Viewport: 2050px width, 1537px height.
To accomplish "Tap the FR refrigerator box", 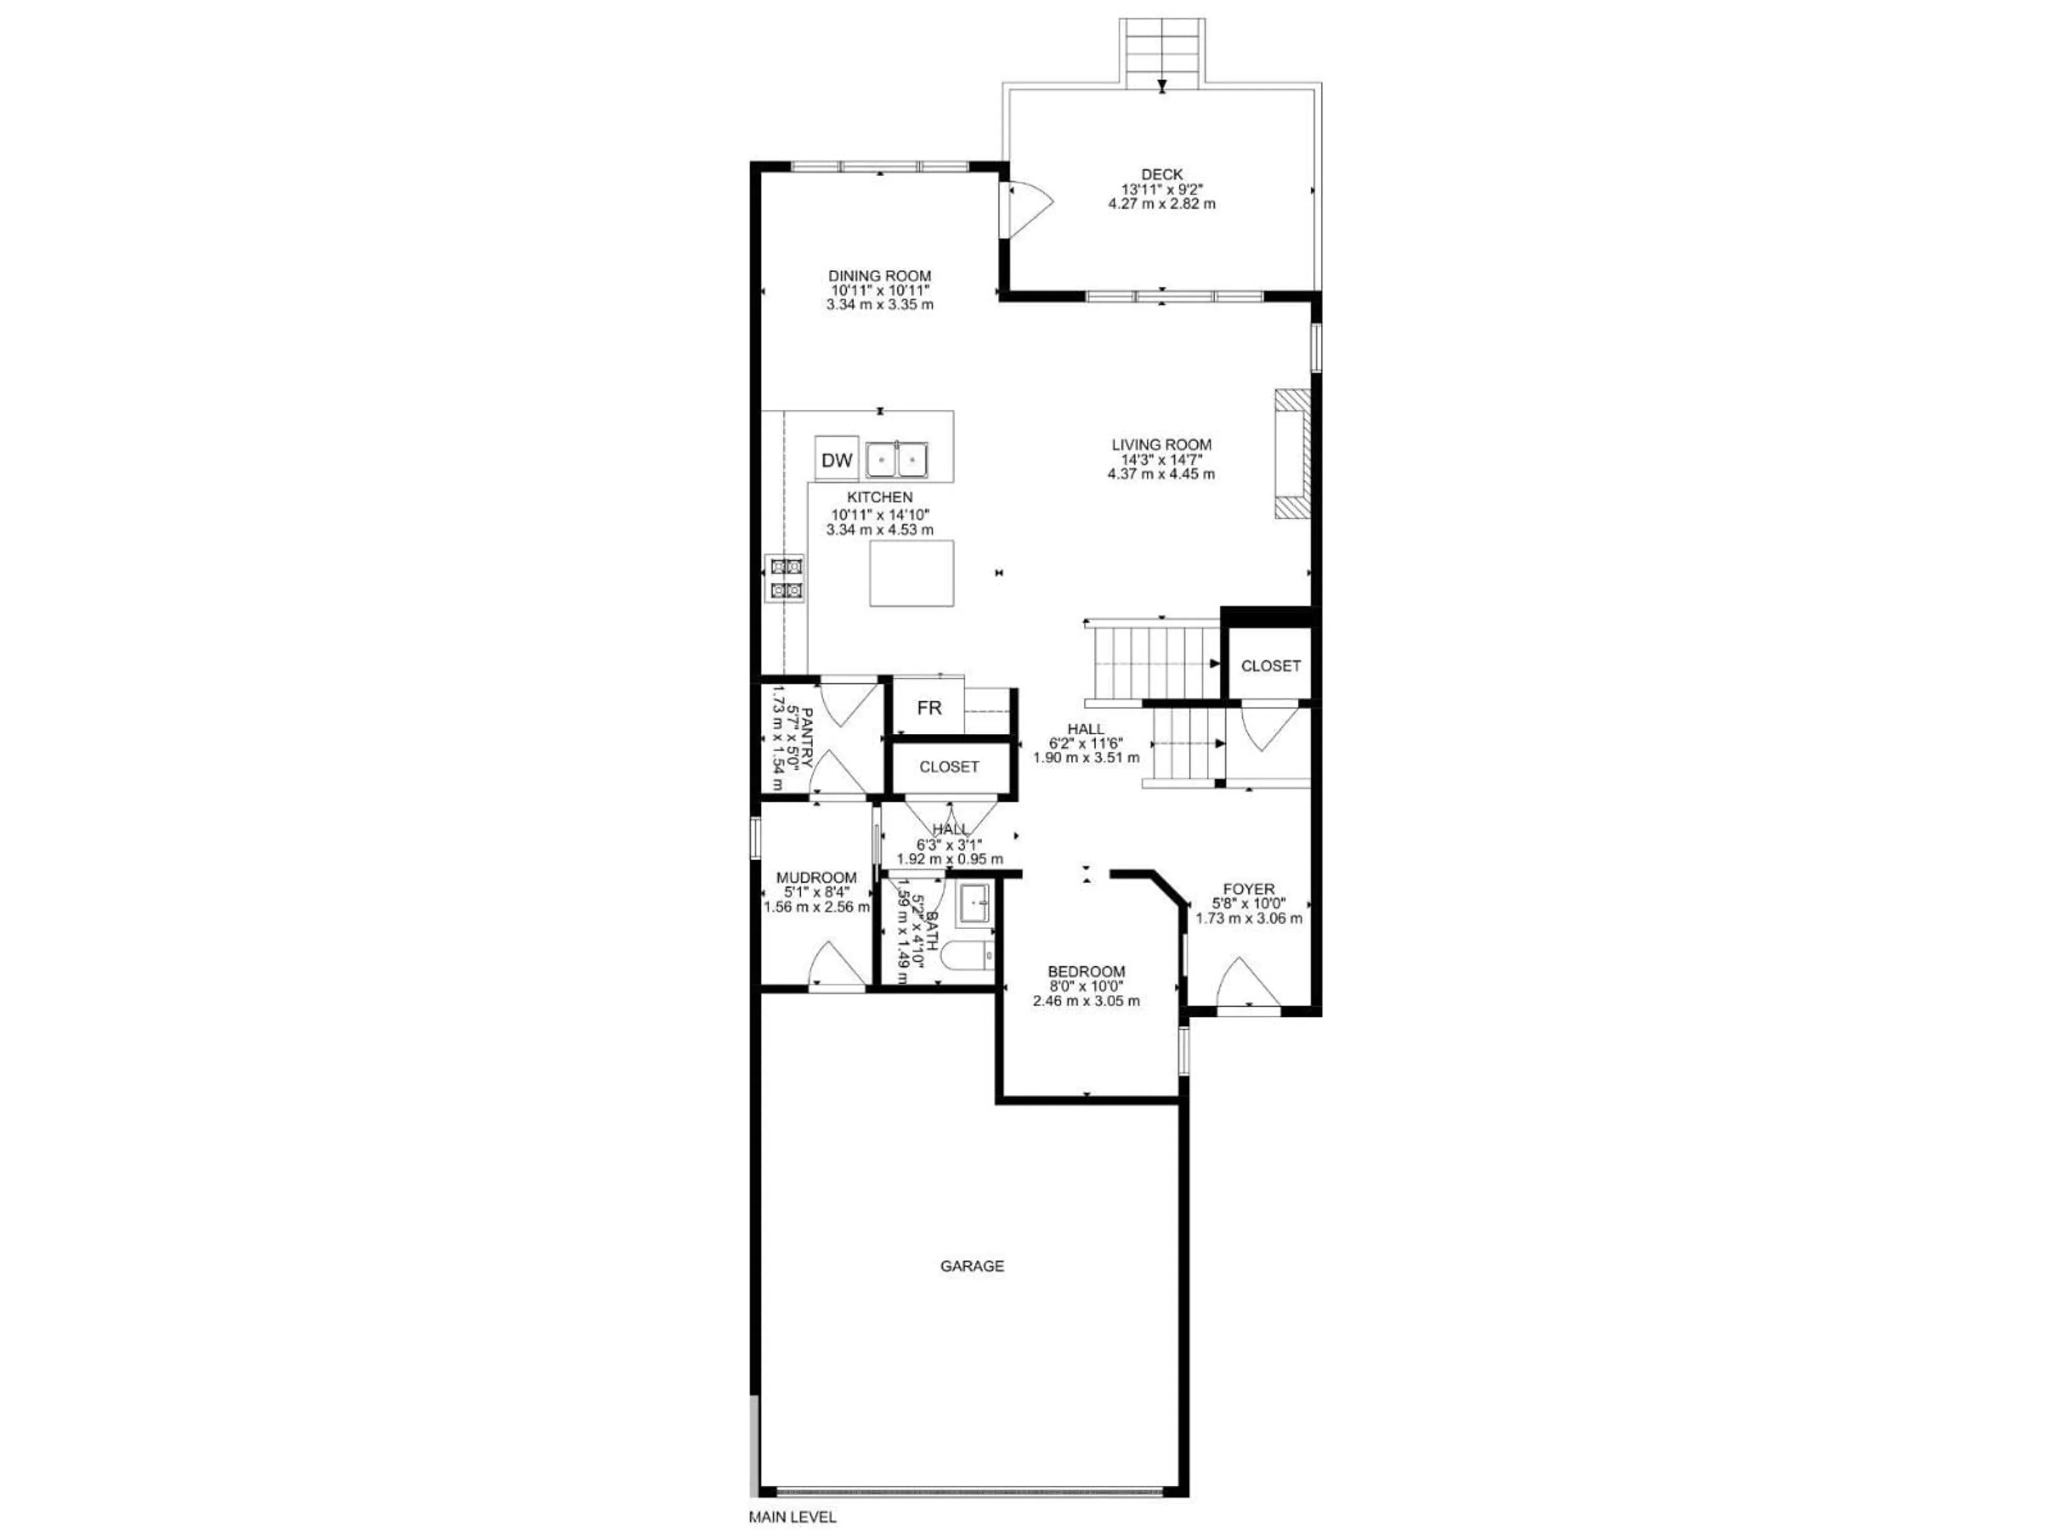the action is coord(928,708).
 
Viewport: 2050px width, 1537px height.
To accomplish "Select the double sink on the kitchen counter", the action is coord(897,458).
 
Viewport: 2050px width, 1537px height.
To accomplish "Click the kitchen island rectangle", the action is coord(911,574).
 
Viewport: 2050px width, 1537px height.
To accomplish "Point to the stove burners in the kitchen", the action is coord(785,577).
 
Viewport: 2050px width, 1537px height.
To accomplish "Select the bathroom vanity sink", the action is coord(975,904).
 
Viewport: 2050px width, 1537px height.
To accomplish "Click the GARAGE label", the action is coord(972,1265).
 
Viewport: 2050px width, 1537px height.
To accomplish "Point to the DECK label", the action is coord(1162,174).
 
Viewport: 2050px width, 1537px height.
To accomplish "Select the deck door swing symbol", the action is coord(1027,209).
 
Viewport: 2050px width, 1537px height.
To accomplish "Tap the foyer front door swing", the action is coord(1248,982).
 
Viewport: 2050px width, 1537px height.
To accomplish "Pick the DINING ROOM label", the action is coord(879,275).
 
